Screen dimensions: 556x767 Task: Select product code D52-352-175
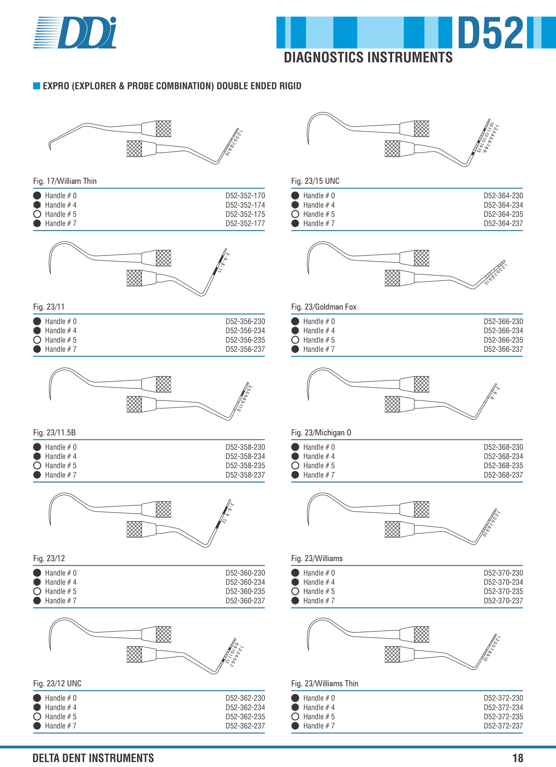[245, 214]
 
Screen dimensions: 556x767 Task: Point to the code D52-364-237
[503, 223]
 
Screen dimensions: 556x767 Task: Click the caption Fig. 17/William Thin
[65, 181]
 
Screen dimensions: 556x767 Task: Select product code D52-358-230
[245, 447]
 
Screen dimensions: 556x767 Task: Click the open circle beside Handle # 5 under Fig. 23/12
[37, 591]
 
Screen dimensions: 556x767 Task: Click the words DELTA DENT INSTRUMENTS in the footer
[93, 758]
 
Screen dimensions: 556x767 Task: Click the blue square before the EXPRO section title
[37, 86]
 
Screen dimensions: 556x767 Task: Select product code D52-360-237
[245, 601]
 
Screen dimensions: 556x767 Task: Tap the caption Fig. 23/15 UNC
[315, 181]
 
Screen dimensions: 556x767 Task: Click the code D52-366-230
[503, 321]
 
